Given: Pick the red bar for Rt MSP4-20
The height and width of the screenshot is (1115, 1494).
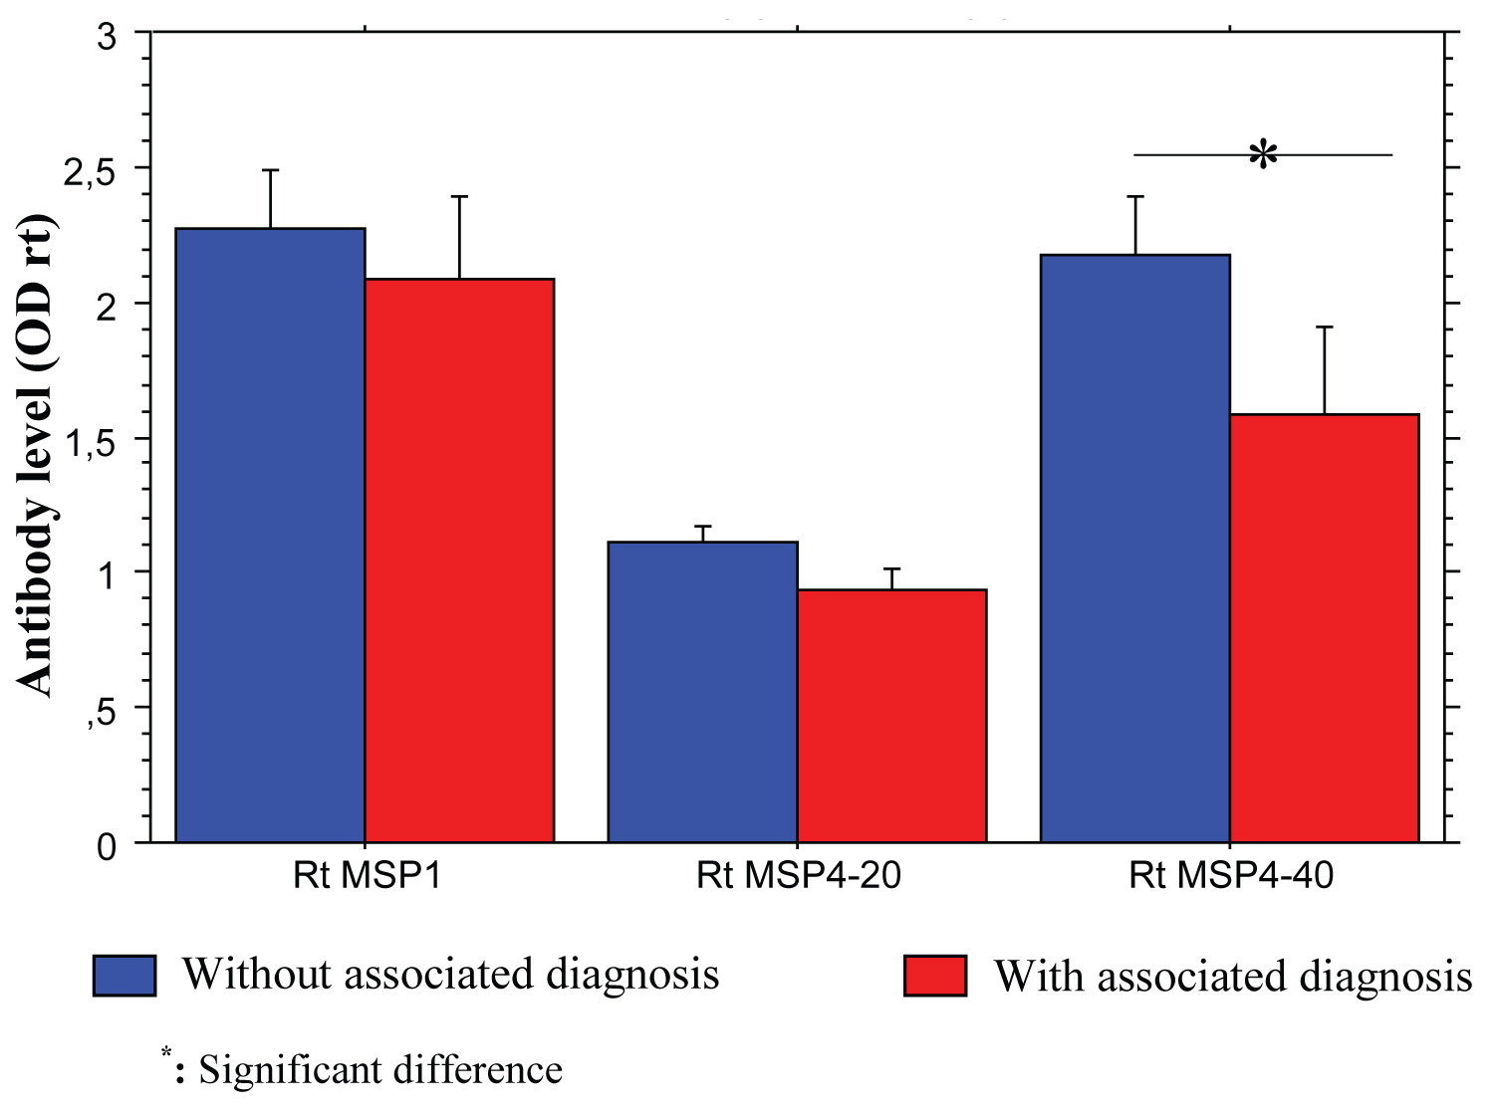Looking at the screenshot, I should pos(891,716).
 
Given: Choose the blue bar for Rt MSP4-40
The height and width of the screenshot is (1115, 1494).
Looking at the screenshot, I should pos(1135,549).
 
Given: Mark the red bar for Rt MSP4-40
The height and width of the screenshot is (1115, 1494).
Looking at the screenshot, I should pos(1325,628).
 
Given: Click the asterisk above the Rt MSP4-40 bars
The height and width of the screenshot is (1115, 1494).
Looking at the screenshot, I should pos(1263,155).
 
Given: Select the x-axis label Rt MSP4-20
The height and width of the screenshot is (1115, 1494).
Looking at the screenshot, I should pos(798,876).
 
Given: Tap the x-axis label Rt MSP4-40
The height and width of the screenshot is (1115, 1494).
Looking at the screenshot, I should pos(1231,876).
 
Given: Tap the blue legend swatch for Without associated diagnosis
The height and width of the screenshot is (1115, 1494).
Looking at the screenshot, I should pos(124,976).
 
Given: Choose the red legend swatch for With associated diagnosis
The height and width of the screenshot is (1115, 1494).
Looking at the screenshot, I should pos(935,976).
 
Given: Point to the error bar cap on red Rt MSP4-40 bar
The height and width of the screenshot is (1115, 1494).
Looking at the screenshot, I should pos(1325,327).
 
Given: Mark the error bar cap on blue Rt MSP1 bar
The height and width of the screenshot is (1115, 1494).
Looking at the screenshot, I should pos(270,170).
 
